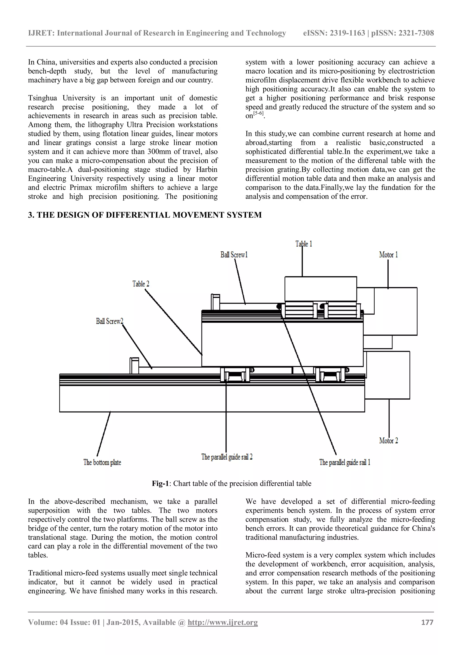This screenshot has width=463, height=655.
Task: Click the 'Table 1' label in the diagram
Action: click(304, 244)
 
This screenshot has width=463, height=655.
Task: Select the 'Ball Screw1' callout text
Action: click(234, 255)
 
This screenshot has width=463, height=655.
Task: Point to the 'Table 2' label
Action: click(141, 284)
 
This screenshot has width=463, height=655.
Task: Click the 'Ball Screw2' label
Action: click(109, 321)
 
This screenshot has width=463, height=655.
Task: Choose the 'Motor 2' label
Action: click(388, 441)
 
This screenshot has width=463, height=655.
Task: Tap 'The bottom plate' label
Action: click(102, 462)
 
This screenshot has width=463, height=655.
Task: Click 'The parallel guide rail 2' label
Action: click(227, 457)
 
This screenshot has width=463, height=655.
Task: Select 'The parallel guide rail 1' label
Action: click(345, 462)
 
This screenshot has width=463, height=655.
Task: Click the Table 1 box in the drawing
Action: click(321, 289)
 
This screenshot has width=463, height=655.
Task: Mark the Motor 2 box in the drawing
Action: click(388, 375)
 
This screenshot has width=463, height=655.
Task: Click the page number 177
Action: click(427, 622)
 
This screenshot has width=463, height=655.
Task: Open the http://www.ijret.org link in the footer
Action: click(222, 622)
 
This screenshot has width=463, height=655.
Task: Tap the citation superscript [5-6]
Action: click(259, 114)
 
